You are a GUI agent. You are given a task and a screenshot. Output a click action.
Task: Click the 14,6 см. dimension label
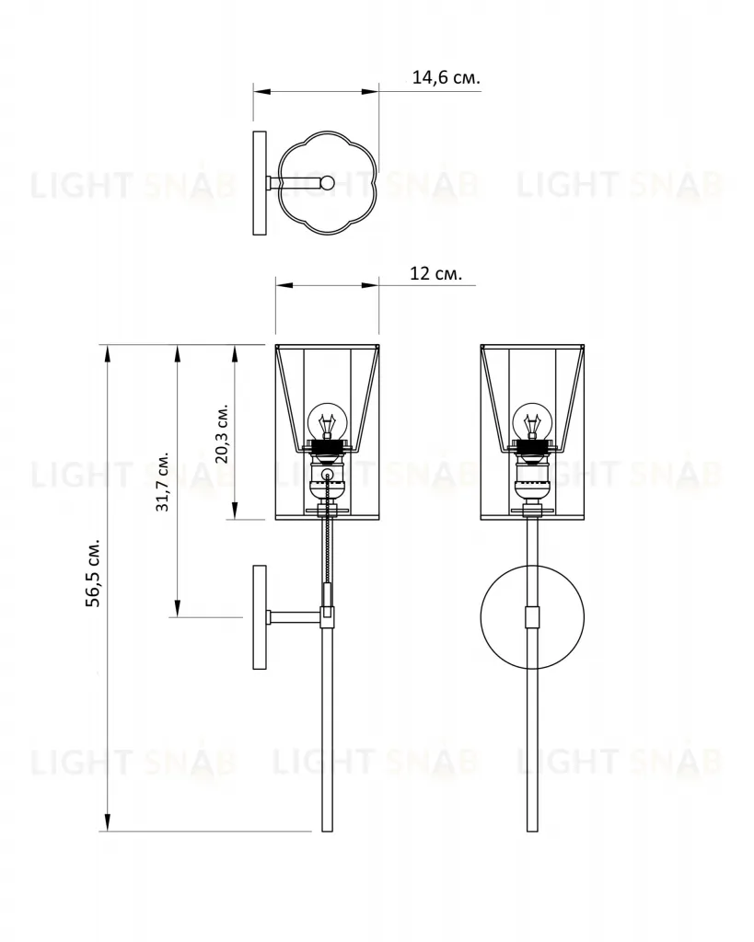pyautogui.click(x=447, y=77)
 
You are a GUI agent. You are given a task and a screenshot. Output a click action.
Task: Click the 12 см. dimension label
pyautogui.click(x=436, y=273)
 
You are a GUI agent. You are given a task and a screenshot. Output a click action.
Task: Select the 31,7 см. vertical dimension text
pyautogui.click(x=162, y=480)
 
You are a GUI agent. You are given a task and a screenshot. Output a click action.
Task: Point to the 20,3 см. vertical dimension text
pyautogui.click(x=222, y=433)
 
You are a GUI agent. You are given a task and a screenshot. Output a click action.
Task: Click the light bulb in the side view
pyautogui.click(x=327, y=421)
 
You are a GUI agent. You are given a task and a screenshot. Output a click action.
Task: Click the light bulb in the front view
pyautogui.click(x=532, y=421)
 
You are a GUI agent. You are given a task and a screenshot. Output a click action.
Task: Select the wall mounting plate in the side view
pyautogui.click(x=259, y=617)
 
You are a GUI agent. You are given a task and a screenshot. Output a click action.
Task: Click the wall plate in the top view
pyautogui.click(x=260, y=183)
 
